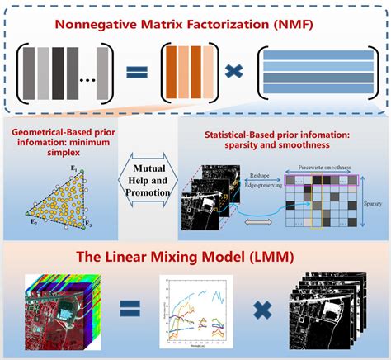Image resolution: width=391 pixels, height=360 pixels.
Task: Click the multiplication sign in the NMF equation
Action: coord(235,73)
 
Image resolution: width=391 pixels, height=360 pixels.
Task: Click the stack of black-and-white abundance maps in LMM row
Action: coord(324,312)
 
